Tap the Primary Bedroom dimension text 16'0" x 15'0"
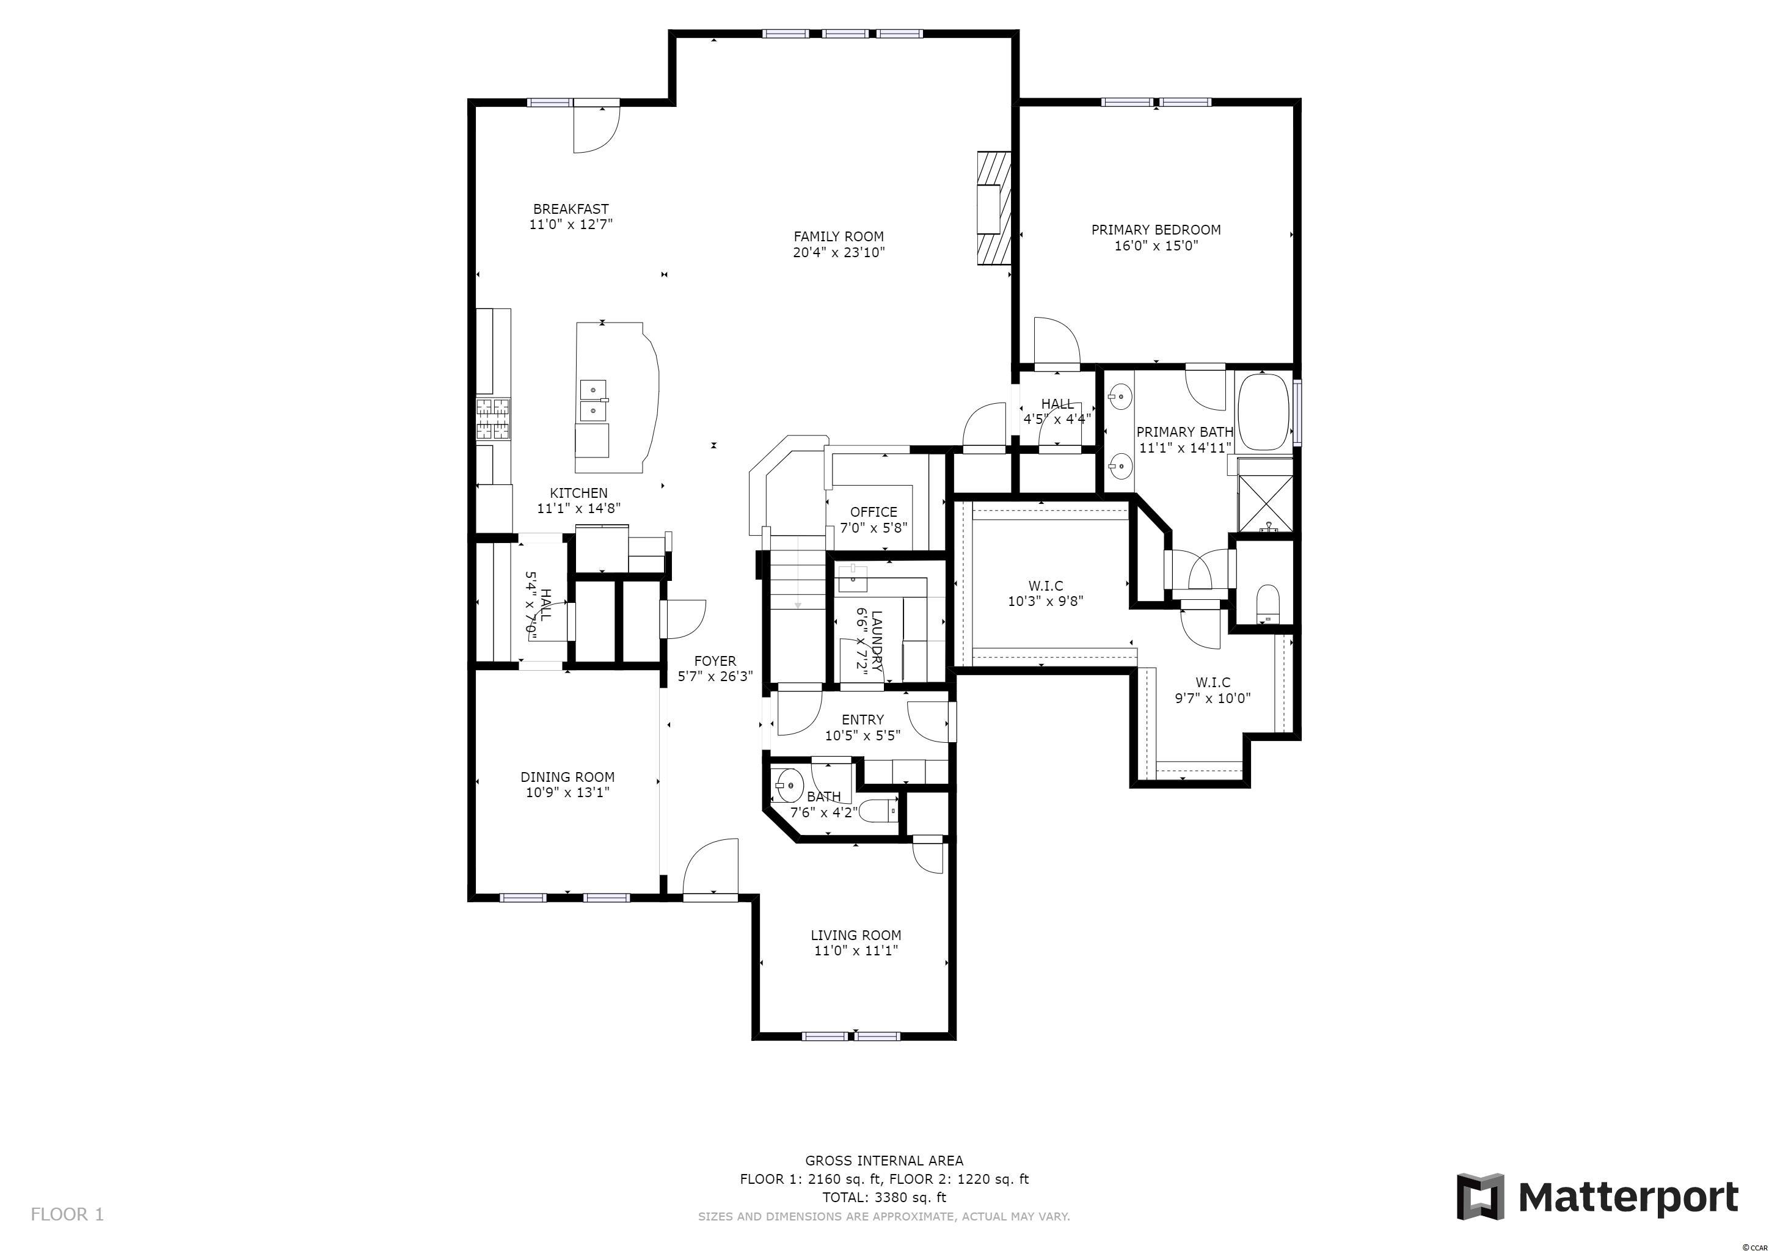tap(1156, 246)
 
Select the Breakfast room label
tap(571, 209)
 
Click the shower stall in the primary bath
tap(1265, 495)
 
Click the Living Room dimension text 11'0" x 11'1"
tap(855, 950)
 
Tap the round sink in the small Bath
tap(786, 786)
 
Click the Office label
tap(874, 511)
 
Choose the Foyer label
tap(715, 661)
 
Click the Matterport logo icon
tap(1480, 1196)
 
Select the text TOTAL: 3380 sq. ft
tap(884, 1197)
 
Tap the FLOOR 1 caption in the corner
tap(67, 1215)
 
